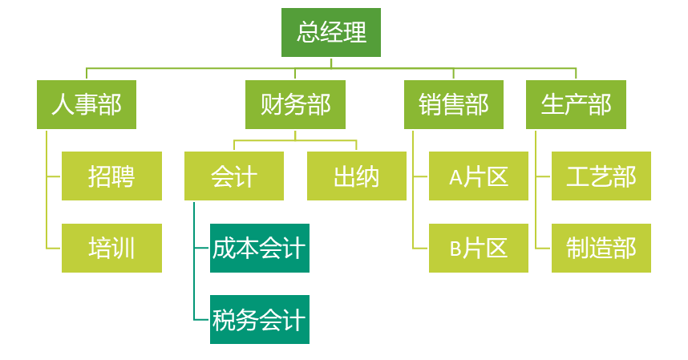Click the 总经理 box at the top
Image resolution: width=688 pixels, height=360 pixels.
[x=330, y=33]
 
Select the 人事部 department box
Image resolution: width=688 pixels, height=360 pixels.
[x=87, y=104]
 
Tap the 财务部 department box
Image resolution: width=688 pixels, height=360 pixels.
[x=295, y=104]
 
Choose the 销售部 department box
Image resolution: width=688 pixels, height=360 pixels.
[x=454, y=104]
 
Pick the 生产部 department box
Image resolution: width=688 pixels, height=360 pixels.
[x=576, y=104]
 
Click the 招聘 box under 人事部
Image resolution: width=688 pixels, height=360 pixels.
[x=111, y=176]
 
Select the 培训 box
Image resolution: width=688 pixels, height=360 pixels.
[x=111, y=249]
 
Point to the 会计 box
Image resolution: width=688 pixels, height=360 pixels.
[x=233, y=176]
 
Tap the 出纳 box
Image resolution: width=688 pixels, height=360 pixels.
[x=356, y=176]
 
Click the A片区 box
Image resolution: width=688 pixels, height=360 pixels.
[x=479, y=176]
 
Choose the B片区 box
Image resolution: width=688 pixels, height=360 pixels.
[x=479, y=249]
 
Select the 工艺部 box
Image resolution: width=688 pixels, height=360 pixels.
[x=601, y=176]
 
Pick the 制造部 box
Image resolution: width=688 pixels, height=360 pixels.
[x=601, y=249]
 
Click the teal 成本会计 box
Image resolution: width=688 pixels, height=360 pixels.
[x=259, y=249]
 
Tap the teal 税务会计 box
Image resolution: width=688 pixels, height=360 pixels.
[x=259, y=320]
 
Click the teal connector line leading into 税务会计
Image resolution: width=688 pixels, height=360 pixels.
[x=201, y=320]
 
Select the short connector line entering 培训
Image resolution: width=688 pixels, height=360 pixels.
[x=54, y=249]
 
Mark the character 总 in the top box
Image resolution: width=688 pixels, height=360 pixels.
[x=308, y=33]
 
